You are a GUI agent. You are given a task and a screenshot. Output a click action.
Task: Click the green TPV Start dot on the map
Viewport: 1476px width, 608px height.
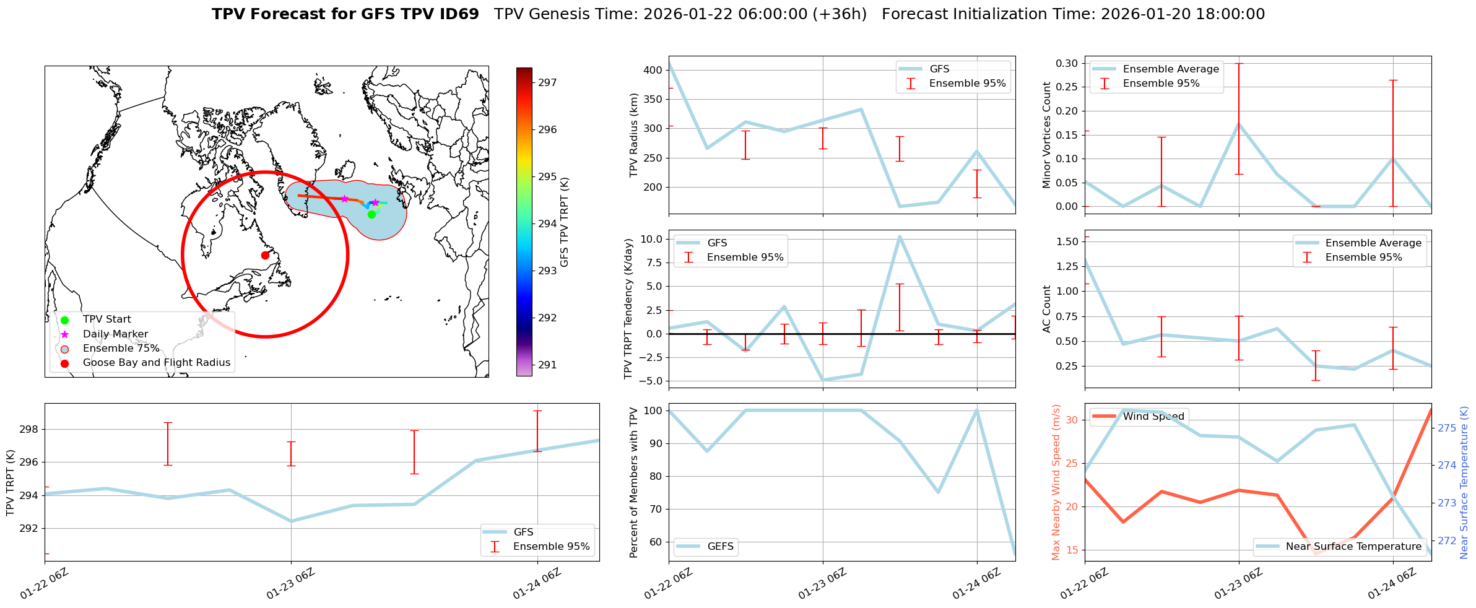click(x=371, y=215)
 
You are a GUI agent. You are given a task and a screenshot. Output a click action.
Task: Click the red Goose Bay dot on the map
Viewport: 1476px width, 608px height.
click(x=265, y=255)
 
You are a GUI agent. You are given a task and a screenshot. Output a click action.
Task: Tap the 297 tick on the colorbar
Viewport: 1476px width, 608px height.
click(x=547, y=82)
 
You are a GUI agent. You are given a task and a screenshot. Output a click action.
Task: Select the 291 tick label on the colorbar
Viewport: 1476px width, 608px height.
click(x=547, y=365)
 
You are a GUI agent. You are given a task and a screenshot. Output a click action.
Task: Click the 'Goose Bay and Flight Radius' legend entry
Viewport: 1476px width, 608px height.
click(x=156, y=363)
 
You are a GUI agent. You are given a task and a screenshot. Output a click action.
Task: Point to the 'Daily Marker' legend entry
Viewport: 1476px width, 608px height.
click(x=115, y=334)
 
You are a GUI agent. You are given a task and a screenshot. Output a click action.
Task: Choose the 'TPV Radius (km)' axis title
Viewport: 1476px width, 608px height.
click(x=633, y=135)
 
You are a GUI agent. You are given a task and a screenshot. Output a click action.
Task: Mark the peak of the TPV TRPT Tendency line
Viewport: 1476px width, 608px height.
click(x=900, y=237)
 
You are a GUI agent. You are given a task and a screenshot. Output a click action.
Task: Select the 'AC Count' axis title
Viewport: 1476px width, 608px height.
click(x=1047, y=309)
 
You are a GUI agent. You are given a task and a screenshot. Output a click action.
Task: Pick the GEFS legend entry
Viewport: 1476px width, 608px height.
click(x=720, y=547)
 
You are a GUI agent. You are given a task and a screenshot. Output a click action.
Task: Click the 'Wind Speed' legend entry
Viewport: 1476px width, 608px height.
click(x=1153, y=417)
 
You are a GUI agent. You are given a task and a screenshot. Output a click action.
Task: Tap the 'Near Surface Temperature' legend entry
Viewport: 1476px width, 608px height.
click(x=1353, y=547)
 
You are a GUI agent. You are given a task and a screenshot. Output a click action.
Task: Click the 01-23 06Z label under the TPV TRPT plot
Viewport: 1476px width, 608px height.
click(x=291, y=584)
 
